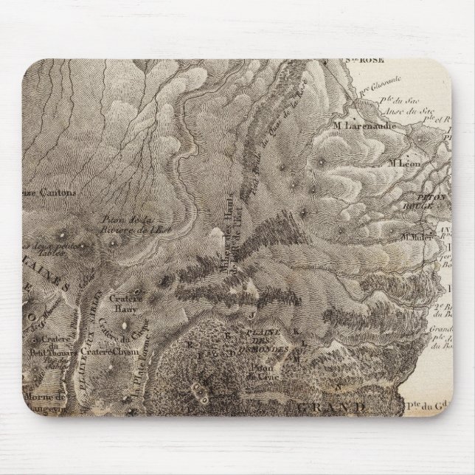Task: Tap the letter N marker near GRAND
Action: pyautogui.click(x=338, y=386)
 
